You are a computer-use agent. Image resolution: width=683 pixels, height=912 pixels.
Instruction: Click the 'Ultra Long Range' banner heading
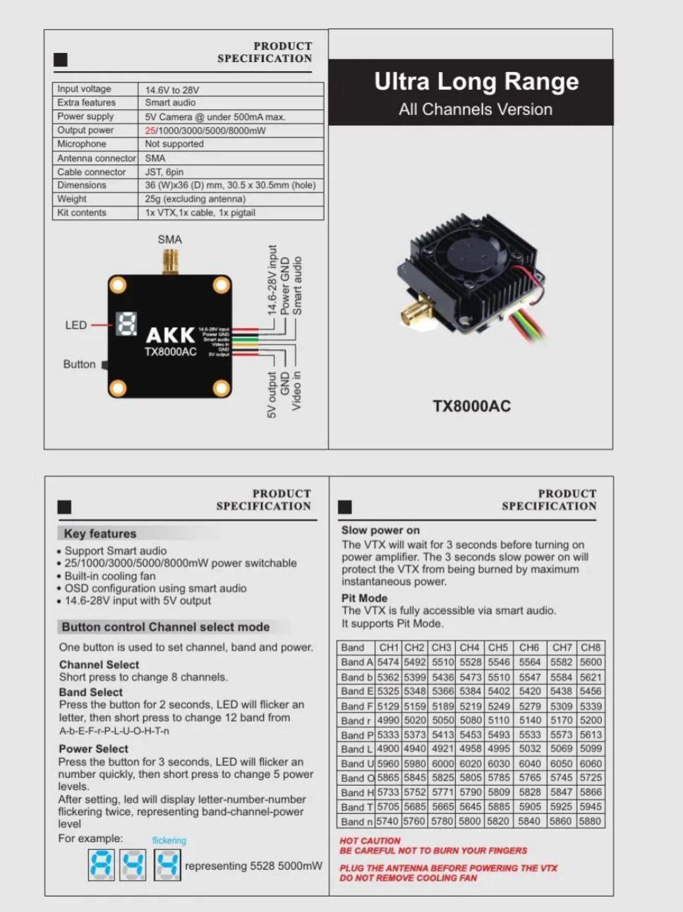(476, 82)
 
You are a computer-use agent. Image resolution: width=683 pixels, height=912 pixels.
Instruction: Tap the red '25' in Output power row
(150, 130)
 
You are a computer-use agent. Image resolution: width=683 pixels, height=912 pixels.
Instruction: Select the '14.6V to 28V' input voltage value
(172, 90)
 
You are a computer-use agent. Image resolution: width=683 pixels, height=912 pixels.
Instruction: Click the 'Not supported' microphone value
(174, 144)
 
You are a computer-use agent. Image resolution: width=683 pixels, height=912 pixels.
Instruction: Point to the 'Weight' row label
(72, 199)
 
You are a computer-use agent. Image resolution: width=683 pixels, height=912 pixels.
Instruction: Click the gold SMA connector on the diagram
(170, 262)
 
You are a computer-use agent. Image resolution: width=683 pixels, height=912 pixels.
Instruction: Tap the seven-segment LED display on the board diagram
(126, 324)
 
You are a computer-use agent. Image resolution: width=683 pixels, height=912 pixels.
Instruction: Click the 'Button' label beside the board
(79, 364)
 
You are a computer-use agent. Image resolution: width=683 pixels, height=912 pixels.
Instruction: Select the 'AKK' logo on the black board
(170, 335)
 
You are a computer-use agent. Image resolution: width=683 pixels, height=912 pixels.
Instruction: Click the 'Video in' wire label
(297, 391)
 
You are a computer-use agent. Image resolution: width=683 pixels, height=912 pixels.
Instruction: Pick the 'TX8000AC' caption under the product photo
(471, 406)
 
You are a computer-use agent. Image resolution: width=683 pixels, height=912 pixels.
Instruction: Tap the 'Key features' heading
(100, 533)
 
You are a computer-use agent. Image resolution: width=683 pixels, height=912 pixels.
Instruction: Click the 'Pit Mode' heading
(365, 597)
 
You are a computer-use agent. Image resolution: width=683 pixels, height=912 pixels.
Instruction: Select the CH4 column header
(469, 647)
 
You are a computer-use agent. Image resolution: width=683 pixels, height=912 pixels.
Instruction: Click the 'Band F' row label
(356, 706)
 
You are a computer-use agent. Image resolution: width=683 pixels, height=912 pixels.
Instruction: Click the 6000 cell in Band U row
(442, 764)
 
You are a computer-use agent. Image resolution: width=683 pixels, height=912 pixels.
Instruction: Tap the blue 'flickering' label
(169, 840)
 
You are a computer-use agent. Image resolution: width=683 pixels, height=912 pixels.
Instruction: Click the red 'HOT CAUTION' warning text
(370, 841)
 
